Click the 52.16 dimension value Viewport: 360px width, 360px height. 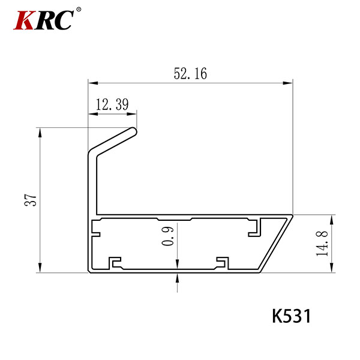pyautogui.click(x=190, y=73)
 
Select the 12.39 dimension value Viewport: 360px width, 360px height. pyautogui.click(x=112, y=104)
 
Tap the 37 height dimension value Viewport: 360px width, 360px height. pyautogui.click(x=31, y=200)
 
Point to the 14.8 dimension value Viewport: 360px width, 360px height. pyautogui.click(x=322, y=244)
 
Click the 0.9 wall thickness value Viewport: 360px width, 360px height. pyautogui.click(x=167, y=236)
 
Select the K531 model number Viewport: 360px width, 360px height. pyautogui.click(x=292, y=316)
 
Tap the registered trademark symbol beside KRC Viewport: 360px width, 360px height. pyautogui.click(x=79, y=10)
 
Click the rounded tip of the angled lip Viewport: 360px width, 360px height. pyautogui.click(x=134, y=131)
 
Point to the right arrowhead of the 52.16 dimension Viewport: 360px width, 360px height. pyautogui.click(x=288, y=83)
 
